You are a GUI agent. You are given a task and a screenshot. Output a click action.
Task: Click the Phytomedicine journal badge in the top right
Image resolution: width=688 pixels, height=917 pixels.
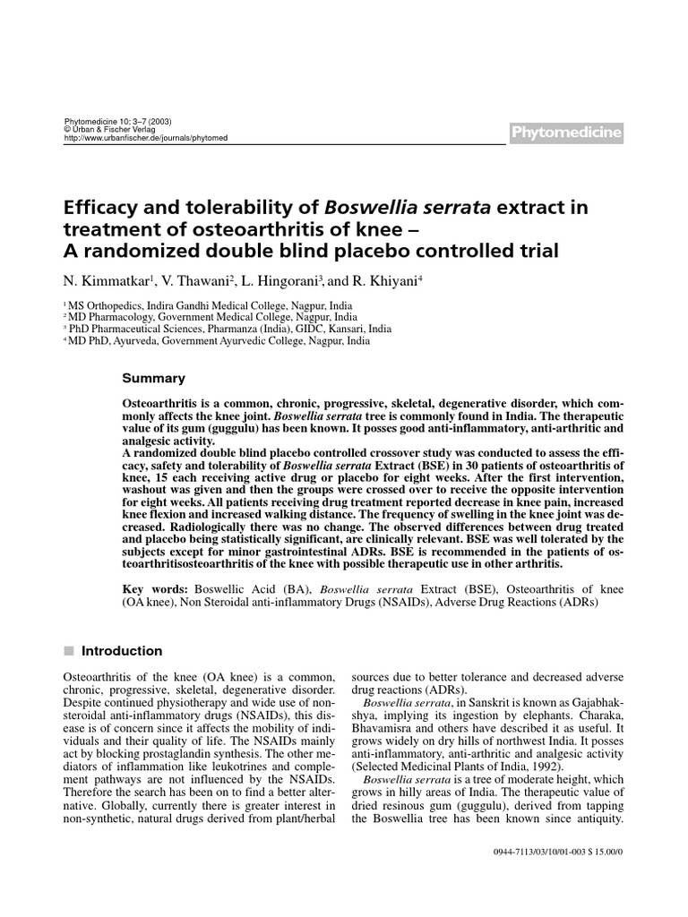[x=566, y=133]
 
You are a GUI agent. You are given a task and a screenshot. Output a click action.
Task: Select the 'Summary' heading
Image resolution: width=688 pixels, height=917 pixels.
[x=153, y=379]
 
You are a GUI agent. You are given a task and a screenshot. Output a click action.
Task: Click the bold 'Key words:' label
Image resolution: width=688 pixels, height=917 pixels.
[x=155, y=591]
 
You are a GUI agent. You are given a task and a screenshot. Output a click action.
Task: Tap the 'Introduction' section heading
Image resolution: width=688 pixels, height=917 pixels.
[x=122, y=651]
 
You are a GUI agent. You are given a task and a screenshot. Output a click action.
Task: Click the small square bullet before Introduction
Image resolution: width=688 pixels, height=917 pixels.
[x=68, y=651]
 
